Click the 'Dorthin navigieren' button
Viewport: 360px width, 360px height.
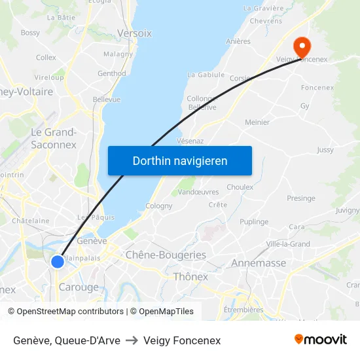(x=180, y=161)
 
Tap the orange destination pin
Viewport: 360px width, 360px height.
(x=302, y=46)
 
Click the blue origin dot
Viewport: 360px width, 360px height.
(x=58, y=262)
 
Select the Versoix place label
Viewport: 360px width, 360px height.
(x=134, y=33)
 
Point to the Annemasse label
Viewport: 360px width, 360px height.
(x=259, y=263)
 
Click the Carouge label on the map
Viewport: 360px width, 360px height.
(x=79, y=287)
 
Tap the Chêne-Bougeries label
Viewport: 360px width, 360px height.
(x=166, y=255)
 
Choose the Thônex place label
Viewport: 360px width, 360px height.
(x=190, y=277)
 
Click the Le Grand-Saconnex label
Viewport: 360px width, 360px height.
(x=54, y=138)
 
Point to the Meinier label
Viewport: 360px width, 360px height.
(x=257, y=122)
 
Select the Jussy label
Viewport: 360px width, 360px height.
(x=325, y=150)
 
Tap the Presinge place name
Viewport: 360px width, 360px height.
(x=300, y=198)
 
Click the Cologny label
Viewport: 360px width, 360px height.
(x=159, y=206)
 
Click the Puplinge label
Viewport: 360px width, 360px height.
(x=254, y=222)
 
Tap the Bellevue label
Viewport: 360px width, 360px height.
(x=107, y=99)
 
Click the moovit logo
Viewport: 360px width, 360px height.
(x=320, y=339)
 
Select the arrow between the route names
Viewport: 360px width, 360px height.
(x=132, y=340)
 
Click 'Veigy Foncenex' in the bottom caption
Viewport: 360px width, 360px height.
(x=182, y=340)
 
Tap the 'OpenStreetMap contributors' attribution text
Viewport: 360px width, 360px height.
(x=70, y=312)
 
